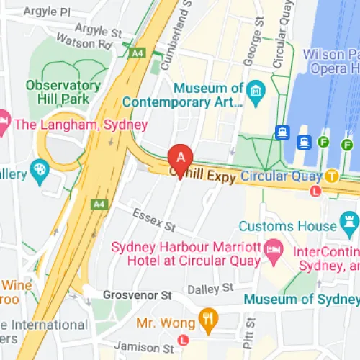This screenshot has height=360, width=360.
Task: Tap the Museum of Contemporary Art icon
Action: tap(256, 91)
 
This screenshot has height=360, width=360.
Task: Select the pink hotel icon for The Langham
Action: tap(2, 124)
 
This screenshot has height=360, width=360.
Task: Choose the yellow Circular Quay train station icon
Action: tap(331, 175)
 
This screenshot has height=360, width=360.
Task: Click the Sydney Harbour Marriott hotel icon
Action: tap(274, 250)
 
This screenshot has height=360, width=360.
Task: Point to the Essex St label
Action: tap(154, 220)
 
